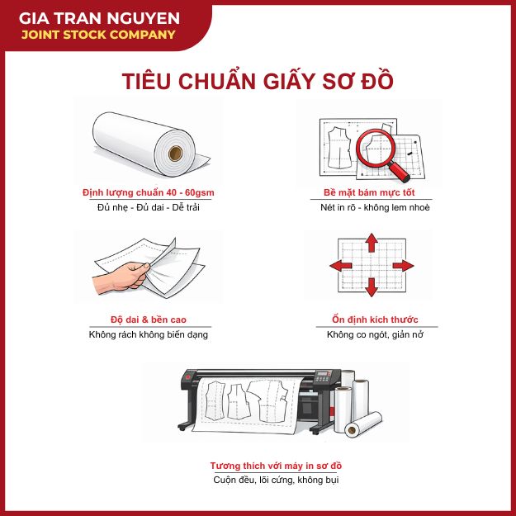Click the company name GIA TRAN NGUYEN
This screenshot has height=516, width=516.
coord(99,18)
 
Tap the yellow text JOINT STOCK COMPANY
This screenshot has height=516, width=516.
coord(98,35)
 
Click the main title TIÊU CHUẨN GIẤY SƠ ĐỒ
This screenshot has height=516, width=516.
coord(258,80)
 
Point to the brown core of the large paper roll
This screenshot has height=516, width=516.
coord(175,153)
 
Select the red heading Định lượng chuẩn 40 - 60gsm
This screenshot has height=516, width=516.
coord(149,192)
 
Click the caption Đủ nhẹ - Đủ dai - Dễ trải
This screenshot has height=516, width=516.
coord(149,207)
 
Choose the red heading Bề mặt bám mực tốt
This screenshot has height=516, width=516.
coord(369,192)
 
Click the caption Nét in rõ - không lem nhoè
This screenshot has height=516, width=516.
coord(375,207)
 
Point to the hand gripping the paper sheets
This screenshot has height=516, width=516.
coord(121,277)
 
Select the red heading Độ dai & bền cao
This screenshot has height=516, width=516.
coord(149,320)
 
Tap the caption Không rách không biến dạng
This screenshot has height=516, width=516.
coord(149,334)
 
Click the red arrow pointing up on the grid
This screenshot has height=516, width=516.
coord(372,243)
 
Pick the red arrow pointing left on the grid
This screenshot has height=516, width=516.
coord(341,266)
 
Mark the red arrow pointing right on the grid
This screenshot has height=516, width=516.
coord(403,266)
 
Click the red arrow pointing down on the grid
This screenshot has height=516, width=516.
coord(372,287)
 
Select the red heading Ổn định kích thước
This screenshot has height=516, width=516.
coord(375,320)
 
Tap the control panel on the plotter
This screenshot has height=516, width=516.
coord(324,376)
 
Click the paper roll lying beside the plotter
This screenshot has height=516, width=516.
coord(363,424)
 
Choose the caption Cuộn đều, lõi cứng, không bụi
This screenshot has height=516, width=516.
coord(276,480)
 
